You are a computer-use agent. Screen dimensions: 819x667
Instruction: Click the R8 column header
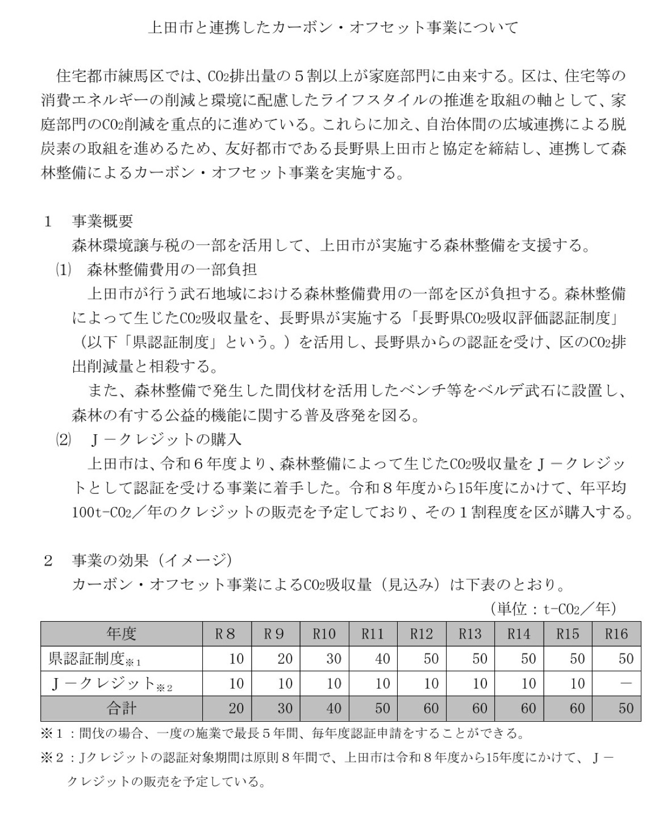click(x=226, y=634)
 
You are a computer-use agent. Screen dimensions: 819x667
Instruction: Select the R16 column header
click(x=616, y=634)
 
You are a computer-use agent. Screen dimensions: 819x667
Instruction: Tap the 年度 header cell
click(x=121, y=634)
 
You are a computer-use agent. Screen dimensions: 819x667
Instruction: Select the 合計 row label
click(x=121, y=708)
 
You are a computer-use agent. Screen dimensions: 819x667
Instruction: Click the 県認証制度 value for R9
click(x=285, y=659)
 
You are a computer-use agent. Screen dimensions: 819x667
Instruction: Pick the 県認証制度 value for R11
click(x=382, y=659)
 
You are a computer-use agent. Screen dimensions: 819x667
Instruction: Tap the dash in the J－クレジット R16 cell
click(x=626, y=683)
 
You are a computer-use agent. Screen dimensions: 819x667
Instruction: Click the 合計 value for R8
click(x=236, y=708)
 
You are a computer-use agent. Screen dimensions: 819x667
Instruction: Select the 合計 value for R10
click(x=334, y=708)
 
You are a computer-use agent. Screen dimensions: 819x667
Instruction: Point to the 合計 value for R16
click(x=626, y=708)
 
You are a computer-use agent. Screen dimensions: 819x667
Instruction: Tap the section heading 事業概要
click(x=102, y=221)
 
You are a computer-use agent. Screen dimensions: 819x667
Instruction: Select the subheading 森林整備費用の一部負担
click(x=172, y=269)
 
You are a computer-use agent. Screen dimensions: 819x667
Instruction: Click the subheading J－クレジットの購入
click(x=166, y=439)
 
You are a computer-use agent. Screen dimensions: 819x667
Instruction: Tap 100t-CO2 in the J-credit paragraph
click(x=102, y=513)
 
